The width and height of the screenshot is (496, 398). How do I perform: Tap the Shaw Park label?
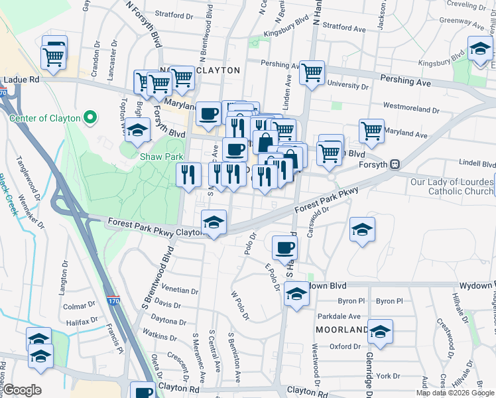point(160,157)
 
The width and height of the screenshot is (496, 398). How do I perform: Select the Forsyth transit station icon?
point(395,164)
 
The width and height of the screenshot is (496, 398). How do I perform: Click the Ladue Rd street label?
point(21,80)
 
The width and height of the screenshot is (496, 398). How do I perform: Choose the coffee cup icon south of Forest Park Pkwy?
point(284,248)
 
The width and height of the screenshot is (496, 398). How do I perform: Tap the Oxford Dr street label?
point(345,346)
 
